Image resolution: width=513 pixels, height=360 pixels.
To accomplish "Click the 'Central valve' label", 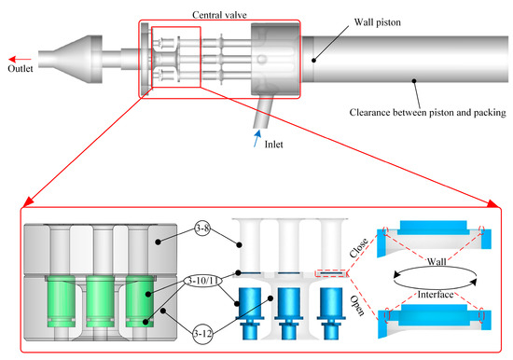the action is point(219,15).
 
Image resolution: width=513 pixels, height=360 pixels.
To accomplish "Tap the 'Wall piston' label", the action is point(377,22).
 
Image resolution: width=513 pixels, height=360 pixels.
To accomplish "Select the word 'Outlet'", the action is point(21,69).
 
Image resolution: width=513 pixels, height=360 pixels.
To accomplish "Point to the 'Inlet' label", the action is point(273,145).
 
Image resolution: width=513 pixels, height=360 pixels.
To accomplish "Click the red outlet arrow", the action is point(20,60).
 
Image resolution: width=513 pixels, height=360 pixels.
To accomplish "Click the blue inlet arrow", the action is point(257,138).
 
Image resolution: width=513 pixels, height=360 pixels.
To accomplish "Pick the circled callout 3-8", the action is point(202,228).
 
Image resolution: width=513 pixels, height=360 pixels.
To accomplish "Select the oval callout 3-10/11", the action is point(202,281).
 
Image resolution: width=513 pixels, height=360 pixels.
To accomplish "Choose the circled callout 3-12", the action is point(202,334).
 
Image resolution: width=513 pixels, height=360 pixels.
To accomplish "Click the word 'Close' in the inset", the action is point(358,248).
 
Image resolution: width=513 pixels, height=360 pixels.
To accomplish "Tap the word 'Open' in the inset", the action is point(357,306).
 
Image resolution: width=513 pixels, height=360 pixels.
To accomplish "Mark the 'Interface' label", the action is point(436,295).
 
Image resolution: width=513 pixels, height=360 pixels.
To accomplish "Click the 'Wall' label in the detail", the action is point(437,261).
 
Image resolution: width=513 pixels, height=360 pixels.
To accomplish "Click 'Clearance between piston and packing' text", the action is point(427,112).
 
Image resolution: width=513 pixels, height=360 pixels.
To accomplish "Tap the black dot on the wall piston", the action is point(313,61).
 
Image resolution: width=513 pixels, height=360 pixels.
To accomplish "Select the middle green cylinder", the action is point(100,301).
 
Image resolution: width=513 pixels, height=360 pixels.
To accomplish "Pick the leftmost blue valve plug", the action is point(250,313).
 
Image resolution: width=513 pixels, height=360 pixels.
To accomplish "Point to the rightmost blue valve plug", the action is point(331,313).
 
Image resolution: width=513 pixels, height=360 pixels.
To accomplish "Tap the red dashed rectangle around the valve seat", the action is point(330,273).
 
